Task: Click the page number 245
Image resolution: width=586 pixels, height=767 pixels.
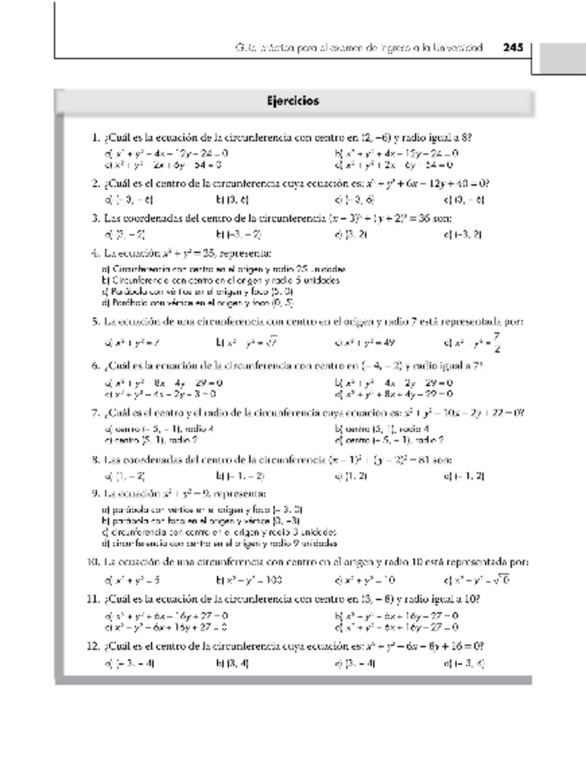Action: click(513, 47)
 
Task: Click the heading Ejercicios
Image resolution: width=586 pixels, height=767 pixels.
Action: click(293, 101)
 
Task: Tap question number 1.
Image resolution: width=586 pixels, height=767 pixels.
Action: click(96, 138)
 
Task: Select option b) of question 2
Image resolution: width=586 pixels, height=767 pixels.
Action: click(232, 200)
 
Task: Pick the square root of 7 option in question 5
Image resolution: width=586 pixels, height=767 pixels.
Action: click(247, 343)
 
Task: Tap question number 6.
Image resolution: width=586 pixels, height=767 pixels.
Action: click(95, 366)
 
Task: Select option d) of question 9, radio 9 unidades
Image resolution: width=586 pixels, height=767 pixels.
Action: click(219, 544)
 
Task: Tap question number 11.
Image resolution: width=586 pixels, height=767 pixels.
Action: click(93, 599)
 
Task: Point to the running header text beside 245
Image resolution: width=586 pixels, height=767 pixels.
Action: click(358, 47)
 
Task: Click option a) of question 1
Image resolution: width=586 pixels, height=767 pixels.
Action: click(166, 154)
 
